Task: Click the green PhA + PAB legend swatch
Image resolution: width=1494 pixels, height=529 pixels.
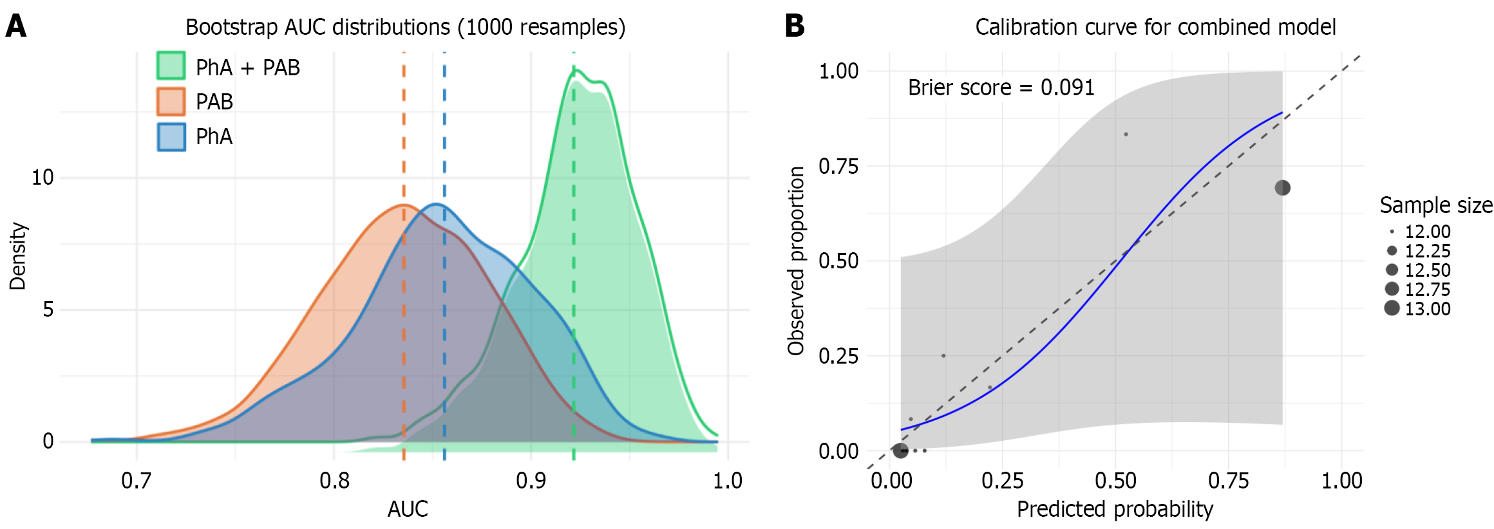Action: click(171, 66)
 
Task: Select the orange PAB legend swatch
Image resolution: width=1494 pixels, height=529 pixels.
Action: click(171, 101)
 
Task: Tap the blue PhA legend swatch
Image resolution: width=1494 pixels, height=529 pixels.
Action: click(171, 136)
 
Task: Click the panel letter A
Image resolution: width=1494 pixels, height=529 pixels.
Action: click(16, 27)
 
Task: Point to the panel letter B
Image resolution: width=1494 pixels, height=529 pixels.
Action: click(795, 26)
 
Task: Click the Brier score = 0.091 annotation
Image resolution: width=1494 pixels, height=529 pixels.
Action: click(1001, 88)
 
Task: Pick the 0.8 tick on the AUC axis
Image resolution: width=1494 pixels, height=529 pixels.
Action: click(334, 481)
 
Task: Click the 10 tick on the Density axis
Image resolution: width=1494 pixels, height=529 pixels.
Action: click(43, 177)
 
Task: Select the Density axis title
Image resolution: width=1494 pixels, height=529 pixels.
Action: click(18, 256)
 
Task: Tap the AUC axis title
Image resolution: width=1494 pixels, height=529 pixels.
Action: click(408, 509)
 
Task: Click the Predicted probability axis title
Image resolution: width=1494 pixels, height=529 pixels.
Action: click(1115, 509)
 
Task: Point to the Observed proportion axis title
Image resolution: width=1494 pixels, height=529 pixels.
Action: click(797, 261)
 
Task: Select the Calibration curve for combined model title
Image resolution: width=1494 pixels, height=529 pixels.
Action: click(1155, 27)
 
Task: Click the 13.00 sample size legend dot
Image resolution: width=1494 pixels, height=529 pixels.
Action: click(1392, 308)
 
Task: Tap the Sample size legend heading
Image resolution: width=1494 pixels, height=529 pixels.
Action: click(1436, 205)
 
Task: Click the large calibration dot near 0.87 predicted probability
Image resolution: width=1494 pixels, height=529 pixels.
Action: click(1282, 187)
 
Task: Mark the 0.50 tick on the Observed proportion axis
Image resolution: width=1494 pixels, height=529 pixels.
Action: click(838, 261)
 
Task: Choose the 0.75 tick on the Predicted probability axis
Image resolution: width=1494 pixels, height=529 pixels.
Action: click(1228, 481)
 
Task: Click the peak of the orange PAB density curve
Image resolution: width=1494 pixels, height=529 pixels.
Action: click(404, 205)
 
